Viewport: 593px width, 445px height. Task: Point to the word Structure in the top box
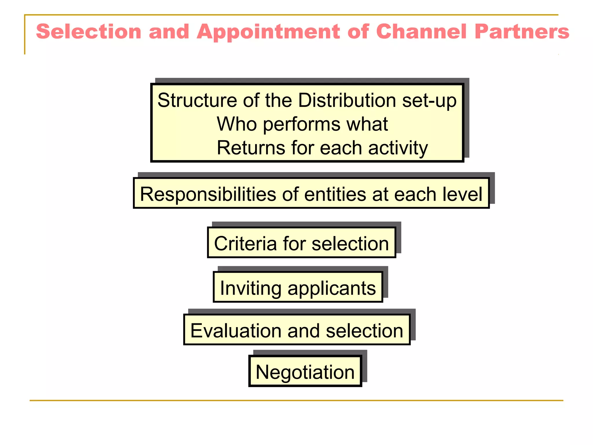[x=197, y=101]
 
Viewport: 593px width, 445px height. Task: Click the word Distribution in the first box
[x=347, y=101]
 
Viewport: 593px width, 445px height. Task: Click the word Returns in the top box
[x=251, y=148]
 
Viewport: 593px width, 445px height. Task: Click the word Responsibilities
[x=208, y=194]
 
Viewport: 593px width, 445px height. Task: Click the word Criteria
[x=245, y=244]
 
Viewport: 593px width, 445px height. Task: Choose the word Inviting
[x=250, y=289]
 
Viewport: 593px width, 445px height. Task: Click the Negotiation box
[x=305, y=372]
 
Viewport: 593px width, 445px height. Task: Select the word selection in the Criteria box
[x=350, y=244]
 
